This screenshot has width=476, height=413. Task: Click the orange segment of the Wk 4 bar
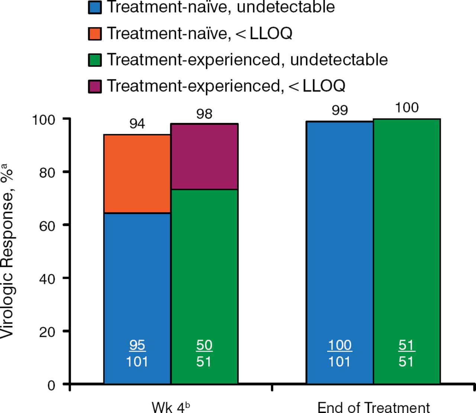point(137,174)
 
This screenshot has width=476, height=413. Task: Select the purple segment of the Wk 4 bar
point(204,157)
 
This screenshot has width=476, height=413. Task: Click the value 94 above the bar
point(137,123)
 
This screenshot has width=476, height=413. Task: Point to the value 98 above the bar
point(204,114)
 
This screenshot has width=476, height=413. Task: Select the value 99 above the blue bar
point(340,110)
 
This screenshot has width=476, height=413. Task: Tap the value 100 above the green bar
point(406,107)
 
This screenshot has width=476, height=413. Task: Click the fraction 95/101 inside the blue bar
point(137,353)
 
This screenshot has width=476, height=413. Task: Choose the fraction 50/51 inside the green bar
point(204,353)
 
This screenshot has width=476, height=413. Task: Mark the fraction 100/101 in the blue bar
point(340,353)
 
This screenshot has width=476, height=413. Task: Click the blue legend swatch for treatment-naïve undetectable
point(95,7)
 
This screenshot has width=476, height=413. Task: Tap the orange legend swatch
point(95,33)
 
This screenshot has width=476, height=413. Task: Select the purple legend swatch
point(95,86)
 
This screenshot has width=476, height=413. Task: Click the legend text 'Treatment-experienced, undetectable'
point(247,60)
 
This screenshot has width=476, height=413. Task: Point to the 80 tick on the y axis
point(47,172)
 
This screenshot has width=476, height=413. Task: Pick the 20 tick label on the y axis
point(47,332)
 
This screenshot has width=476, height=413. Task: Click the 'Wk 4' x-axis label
point(170,407)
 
